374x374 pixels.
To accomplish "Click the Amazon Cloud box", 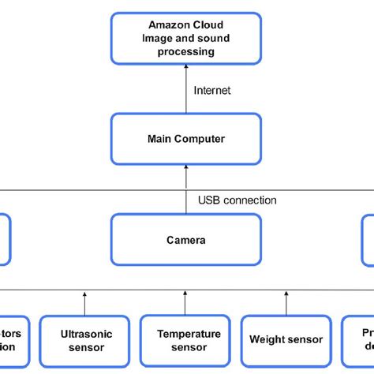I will click(x=185, y=37).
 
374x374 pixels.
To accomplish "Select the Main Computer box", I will click(x=185, y=139).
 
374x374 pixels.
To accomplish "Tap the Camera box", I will click(x=185, y=239).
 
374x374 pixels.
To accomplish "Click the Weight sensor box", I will click(x=286, y=339).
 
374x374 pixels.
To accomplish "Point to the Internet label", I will click(x=212, y=91).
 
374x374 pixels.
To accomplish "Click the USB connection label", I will click(x=237, y=200).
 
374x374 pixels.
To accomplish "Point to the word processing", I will click(x=185, y=51).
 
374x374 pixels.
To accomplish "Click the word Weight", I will click(x=266, y=339).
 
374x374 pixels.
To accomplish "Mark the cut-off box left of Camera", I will click(x=5, y=239).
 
